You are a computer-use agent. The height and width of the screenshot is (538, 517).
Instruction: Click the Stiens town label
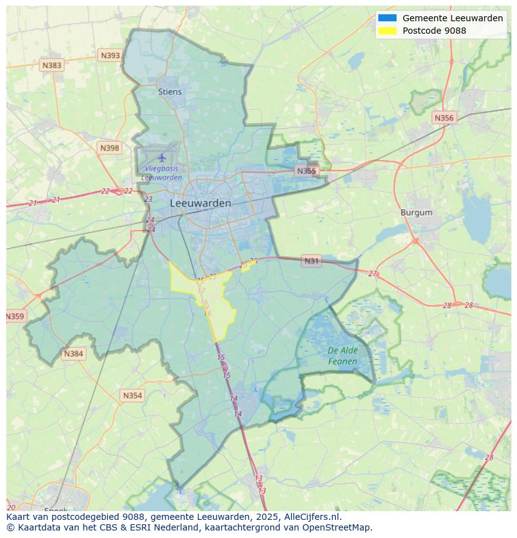(170, 92)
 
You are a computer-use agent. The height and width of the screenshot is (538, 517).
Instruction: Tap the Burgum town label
(416, 212)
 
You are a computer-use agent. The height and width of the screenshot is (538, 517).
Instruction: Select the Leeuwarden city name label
(200, 203)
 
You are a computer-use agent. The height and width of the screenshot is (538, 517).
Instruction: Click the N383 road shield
(52, 65)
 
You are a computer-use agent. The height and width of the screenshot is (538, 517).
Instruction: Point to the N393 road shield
(110, 56)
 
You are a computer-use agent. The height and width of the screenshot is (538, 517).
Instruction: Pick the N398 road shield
(109, 148)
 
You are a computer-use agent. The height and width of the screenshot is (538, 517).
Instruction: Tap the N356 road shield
(444, 117)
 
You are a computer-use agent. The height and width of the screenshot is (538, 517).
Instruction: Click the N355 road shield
(307, 171)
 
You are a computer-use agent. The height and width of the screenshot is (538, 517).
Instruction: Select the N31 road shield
(311, 261)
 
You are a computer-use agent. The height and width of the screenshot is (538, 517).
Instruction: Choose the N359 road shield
(15, 316)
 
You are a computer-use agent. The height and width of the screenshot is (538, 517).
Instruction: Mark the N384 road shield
(73, 354)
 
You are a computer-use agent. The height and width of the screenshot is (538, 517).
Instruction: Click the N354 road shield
(132, 396)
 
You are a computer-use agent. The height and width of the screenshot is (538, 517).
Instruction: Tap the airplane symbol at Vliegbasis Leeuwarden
(162, 157)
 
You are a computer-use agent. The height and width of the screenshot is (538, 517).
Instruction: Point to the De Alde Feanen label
(343, 356)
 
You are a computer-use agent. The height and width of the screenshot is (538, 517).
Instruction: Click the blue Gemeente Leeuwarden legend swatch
(387, 18)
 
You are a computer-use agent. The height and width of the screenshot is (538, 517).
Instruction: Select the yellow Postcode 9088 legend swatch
(387, 31)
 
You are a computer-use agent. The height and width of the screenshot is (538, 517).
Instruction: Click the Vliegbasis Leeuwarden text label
(162, 173)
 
